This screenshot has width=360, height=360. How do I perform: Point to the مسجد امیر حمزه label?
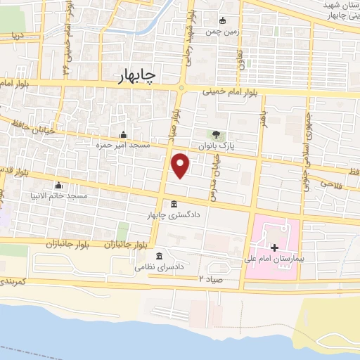(x=124, y=144)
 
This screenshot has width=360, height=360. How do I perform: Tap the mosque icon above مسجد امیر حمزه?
(x=124, y=134)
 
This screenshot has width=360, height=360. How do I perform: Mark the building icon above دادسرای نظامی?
(x=160, y=256)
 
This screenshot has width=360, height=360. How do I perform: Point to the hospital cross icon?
(x=274, y=247)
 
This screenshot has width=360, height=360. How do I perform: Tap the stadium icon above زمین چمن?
(x=224, y=20)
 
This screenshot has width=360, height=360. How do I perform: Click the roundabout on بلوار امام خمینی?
(x=182, y=88)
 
